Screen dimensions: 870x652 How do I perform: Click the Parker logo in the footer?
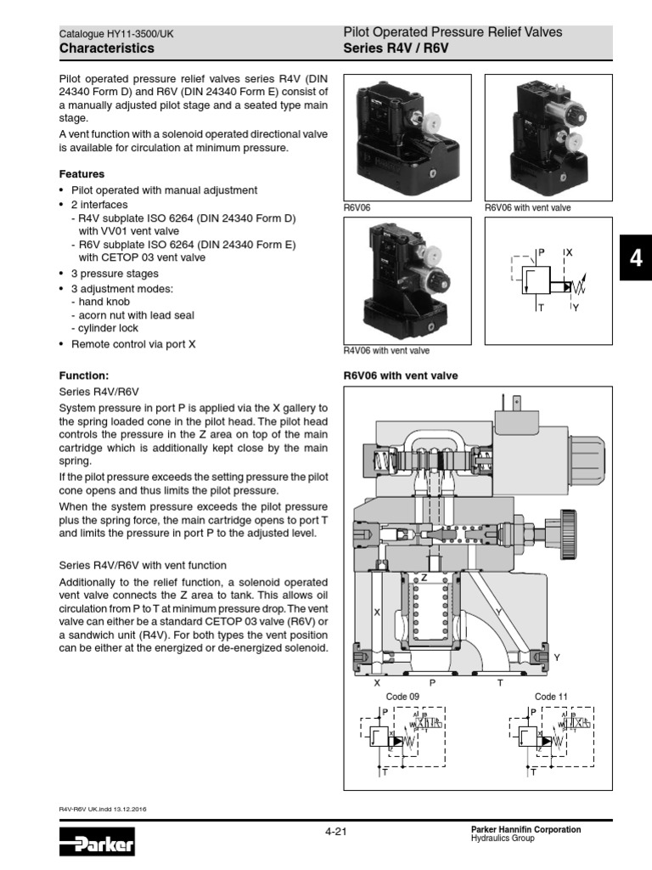coord(97,845)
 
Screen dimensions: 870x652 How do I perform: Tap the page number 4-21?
coord(336,831)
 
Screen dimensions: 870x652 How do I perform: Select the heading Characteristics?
coord(107,48)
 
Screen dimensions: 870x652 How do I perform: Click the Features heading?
coord(81,174)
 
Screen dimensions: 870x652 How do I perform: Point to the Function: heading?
coord(83,375)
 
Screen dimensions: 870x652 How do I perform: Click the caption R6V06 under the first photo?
coord(357,207)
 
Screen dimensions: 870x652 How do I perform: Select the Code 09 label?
coord(402,697)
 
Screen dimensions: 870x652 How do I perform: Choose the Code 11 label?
coord(551,697)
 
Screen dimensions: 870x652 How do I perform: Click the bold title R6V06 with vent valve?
coord(400,375)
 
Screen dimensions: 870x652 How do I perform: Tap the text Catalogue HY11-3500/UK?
coord(116,34)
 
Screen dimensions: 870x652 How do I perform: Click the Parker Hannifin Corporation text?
coord(526,829)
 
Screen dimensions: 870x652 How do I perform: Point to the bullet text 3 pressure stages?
coord(115,274)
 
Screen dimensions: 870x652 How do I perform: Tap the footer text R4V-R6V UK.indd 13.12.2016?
coord(109,809)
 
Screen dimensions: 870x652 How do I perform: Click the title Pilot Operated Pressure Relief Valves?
coord(452,32)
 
